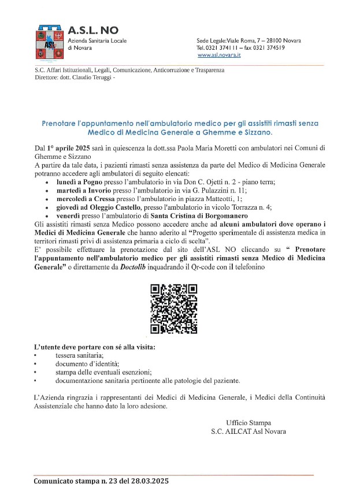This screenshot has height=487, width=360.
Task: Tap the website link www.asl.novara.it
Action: pyautogui.click(x=219, y=55)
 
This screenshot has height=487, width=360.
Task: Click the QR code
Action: pyautogui.click(x=174, y=309)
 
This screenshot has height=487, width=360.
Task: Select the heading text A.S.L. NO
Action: pyautogui.click(x=92, y=30)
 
